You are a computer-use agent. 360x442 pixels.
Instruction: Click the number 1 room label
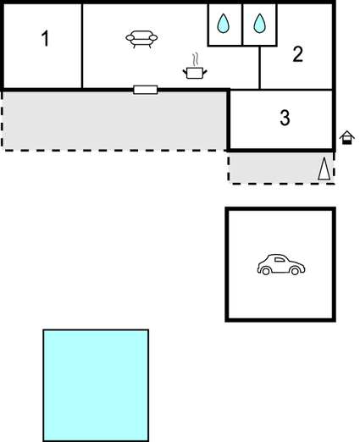click(45, 38)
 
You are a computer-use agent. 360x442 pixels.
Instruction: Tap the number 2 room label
click(298, 54)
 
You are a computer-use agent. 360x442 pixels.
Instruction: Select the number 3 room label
click(285, 118)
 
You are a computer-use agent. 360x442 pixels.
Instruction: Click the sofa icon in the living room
click(141, 39)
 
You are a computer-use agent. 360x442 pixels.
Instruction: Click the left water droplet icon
click(223, 24)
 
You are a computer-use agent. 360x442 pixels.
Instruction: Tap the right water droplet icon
click(259, 24)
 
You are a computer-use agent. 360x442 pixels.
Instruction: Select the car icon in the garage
click(281, 264)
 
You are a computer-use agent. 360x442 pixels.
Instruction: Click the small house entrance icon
click(346, 138)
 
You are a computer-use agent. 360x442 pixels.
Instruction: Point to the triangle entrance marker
click(324, 169)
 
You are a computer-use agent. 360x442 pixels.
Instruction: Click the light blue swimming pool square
click(96, 385)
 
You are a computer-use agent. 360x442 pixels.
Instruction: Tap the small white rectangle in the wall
click(146, 90)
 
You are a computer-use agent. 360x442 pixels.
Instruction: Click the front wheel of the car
click(295, 271)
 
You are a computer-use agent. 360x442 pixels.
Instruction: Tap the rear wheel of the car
click(266, 271)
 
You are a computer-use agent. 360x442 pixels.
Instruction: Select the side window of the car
click(280, 260)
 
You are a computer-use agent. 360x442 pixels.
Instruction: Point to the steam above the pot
click(195, 59)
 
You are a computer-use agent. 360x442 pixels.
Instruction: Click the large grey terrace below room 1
click(114, 120)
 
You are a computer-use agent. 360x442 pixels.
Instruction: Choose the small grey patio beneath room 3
click(281, 168)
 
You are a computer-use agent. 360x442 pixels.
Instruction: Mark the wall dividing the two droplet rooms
click(242, 25)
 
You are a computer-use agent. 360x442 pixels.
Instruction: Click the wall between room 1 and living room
click(82, 46)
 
